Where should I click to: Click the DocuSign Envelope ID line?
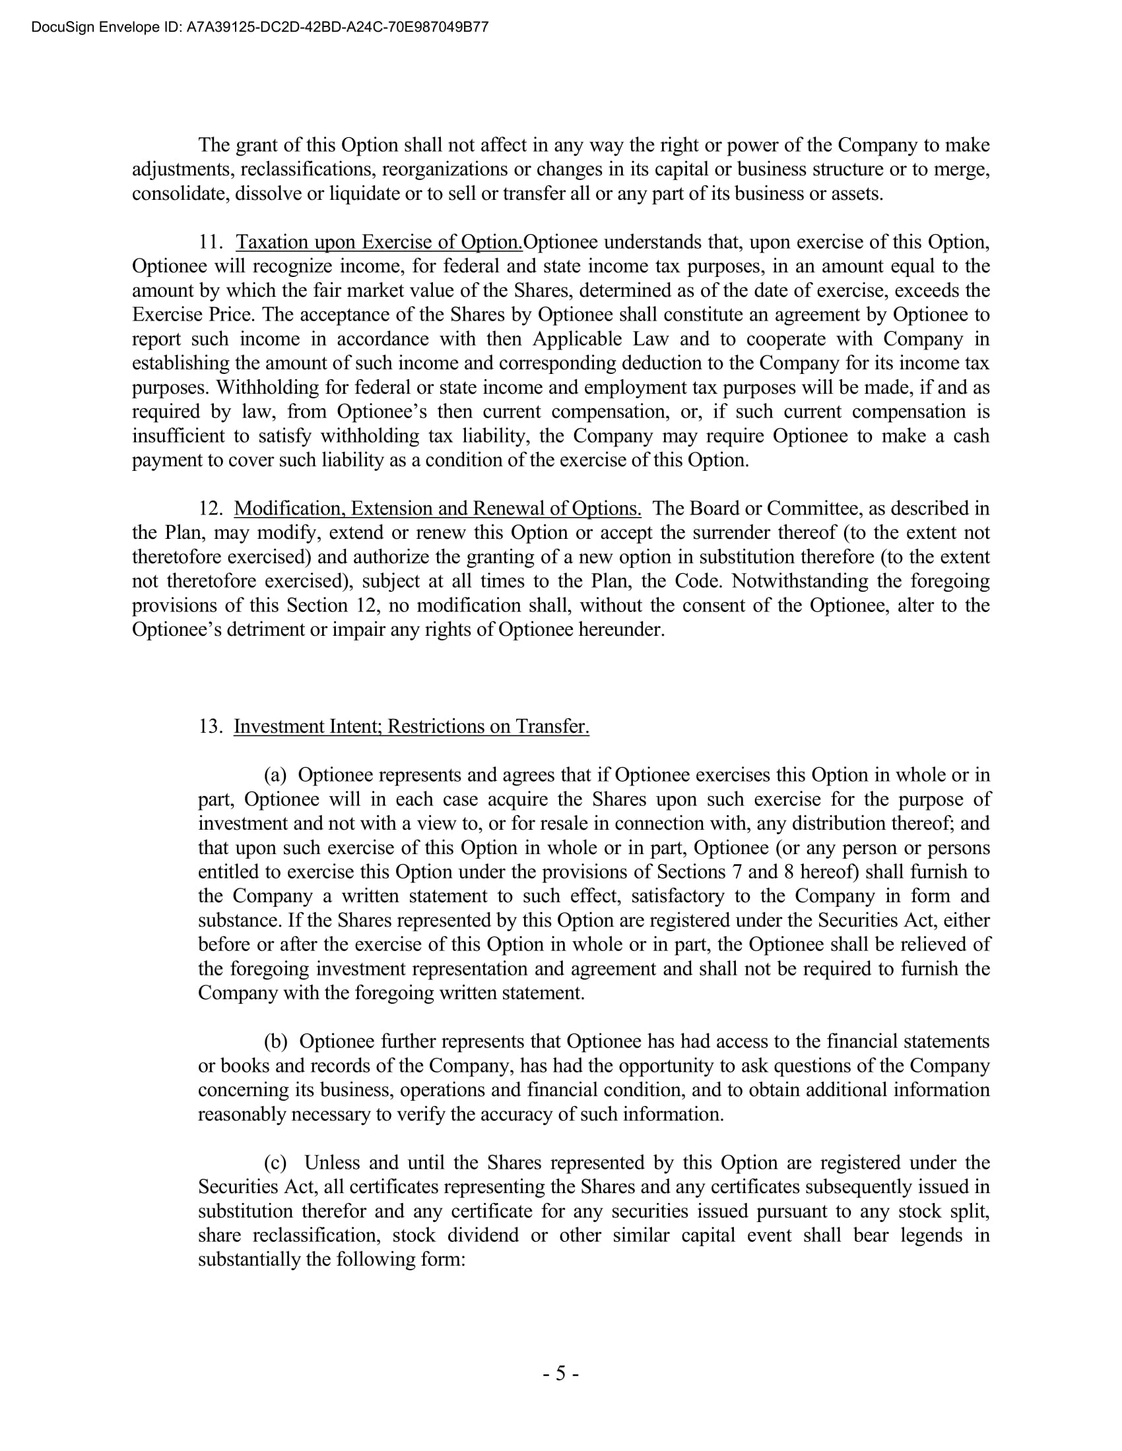(259, 27)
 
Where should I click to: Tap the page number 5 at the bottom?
(560, 1373)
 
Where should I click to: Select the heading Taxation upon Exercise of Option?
(379, 242)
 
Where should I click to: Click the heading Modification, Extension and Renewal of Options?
(438, 509)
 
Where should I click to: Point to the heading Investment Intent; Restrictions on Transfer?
(411, 726)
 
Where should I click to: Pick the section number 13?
(209, 726)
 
